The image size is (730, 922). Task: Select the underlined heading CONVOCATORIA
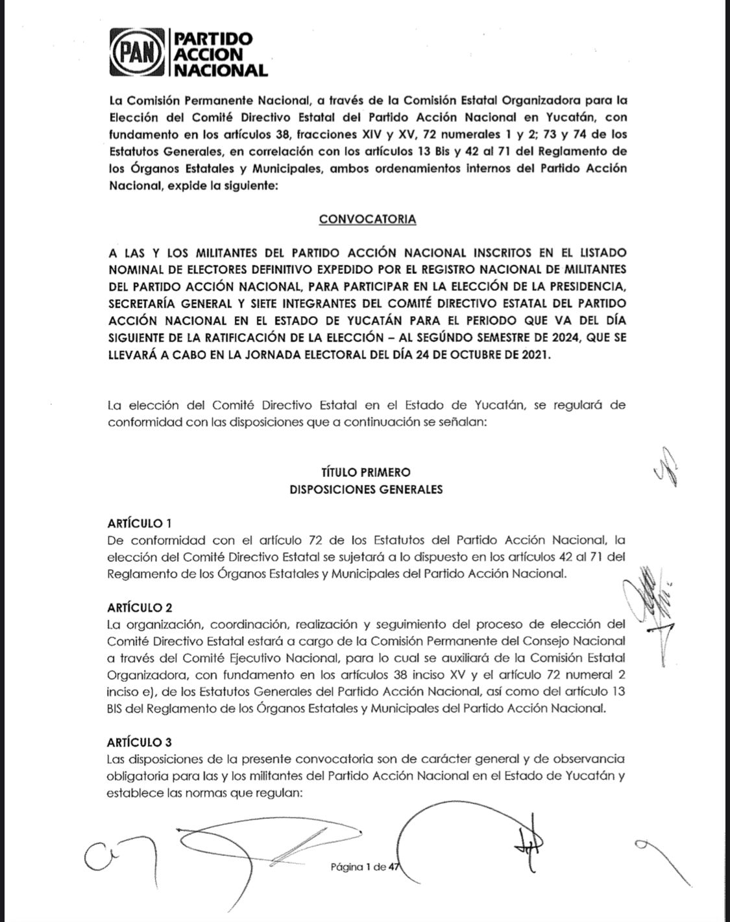[367, 219]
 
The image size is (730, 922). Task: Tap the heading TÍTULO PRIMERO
[366, 472]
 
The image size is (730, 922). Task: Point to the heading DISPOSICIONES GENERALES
[366, 489]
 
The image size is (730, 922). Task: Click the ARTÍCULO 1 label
[140, 523]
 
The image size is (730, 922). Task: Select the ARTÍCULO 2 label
[140, 608]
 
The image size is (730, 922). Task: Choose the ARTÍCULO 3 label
[140, 742]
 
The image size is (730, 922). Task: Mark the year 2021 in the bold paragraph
[534, 354]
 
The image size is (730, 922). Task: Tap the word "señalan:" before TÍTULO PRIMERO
[458, 422]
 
